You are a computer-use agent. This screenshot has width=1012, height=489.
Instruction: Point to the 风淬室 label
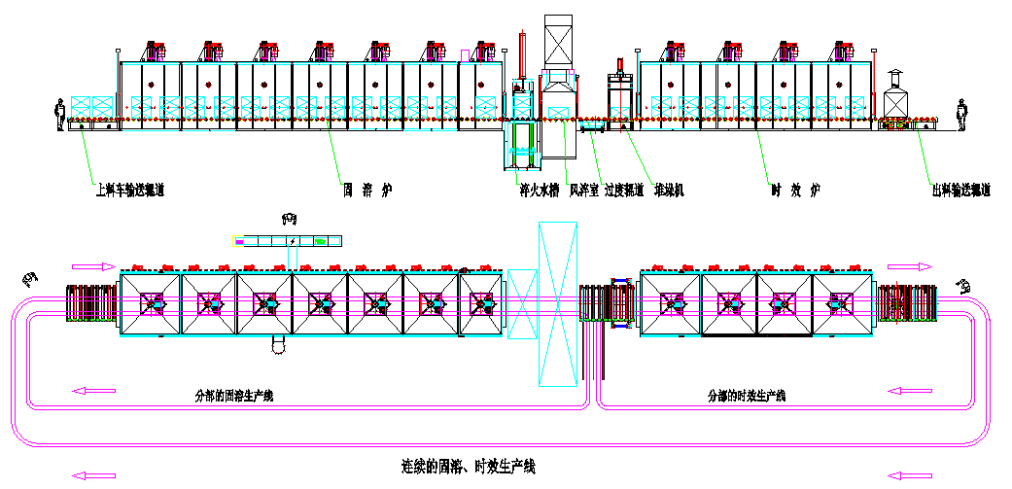(583, 191)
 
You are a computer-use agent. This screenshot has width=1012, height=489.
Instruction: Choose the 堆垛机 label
(669, 191)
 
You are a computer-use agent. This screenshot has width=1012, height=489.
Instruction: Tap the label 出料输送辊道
(960, 191)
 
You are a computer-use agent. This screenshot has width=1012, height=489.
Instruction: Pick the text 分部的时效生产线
(747, 397)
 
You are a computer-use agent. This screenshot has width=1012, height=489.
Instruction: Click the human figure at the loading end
(60, 115)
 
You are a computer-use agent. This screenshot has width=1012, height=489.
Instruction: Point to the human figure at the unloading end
(961, 115)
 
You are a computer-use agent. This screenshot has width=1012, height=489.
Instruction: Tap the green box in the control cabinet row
(319, 240)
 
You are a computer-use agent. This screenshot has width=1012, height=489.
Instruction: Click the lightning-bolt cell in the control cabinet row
(292, 240)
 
